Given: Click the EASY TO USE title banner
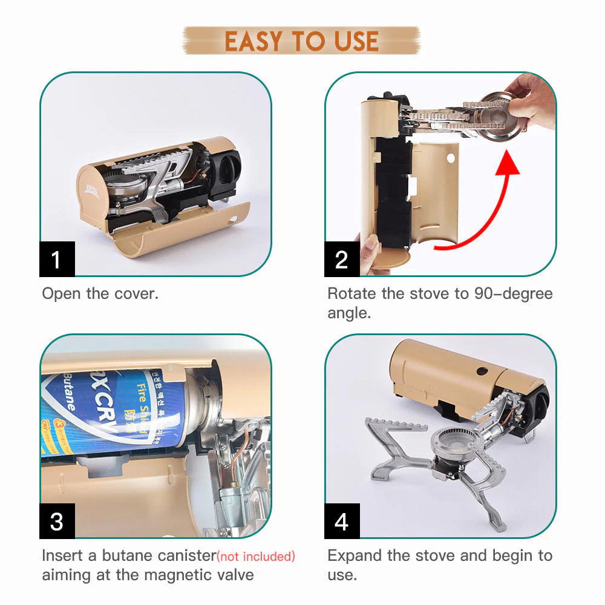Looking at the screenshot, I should [301, 41].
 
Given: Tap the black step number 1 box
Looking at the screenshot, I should [57, 259].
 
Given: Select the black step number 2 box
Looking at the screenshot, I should [342, 259].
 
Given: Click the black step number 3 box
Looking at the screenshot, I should [57, 521].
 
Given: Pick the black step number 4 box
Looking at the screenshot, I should [342, 521].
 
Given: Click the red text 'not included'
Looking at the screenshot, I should [257, 556].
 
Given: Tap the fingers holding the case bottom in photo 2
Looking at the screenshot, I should [370, 254].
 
